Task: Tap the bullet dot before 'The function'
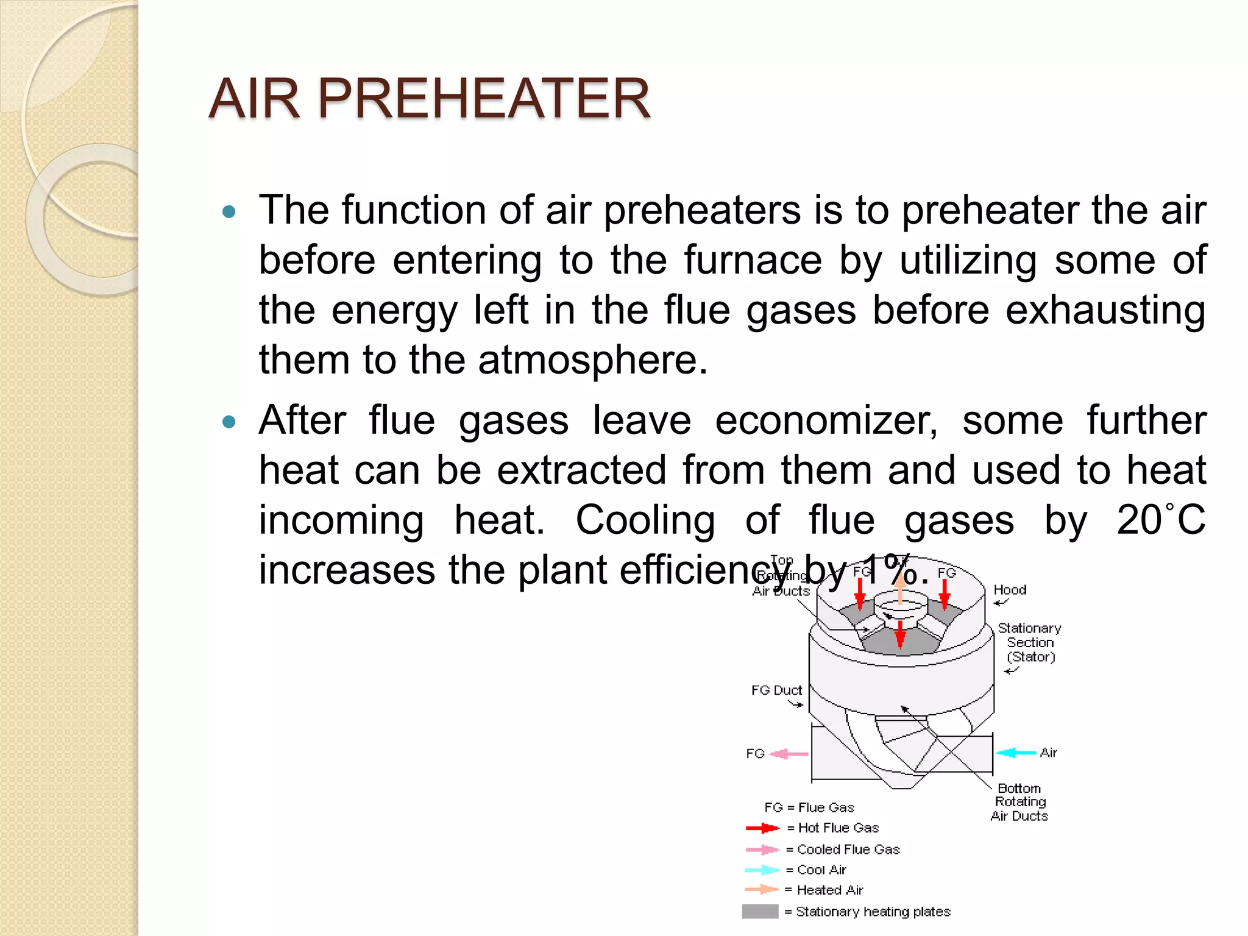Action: click(x=229, y=212)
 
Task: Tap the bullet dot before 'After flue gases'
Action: click(x=229, y=422)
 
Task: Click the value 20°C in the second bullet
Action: click(x=1161, y=520)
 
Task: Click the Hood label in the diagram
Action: click(x=1010, y=590)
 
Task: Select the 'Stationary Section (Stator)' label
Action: click(x=1030, y=642)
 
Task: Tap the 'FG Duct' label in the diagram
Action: click(x=776, y=690)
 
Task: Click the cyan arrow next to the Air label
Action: click(x=1016, y=753)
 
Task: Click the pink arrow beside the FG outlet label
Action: click(x=789, y=754)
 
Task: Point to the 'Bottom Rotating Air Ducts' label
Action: click(x=1019, y=802)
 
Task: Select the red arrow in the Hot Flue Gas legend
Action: click(x=762, y=828)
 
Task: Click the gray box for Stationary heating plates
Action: click(x=760, y=912)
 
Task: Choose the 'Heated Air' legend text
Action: click(x=829, y=890)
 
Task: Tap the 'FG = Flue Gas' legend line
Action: click(x=809, y=807)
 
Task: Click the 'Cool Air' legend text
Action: click(x=821, y=870)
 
